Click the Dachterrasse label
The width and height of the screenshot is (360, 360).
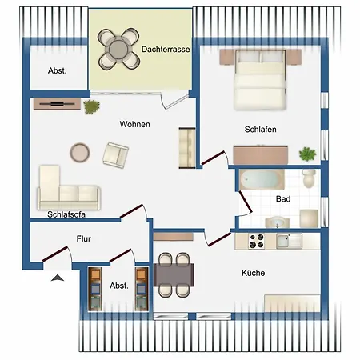point(166,50)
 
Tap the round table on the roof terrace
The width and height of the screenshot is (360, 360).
point(118,49)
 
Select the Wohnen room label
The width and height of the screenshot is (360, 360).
point(134,124)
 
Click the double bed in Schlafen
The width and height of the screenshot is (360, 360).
point(260,79)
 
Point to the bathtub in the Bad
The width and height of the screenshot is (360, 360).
point(262,179)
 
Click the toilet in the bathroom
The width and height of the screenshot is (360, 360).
point(309,178)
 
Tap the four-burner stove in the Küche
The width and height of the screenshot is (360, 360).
point(256,241)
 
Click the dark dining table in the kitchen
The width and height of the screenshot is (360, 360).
point(174,274)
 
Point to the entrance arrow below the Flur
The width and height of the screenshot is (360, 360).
point(58,278)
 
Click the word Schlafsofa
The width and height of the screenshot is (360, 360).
point(66,214)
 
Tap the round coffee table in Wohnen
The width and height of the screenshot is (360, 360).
point(80,153)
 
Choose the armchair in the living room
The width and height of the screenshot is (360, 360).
point(116,155)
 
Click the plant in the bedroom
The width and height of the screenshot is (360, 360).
point(307,154)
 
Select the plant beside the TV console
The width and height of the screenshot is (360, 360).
point(91,107)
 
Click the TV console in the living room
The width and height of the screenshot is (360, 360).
point(57,104)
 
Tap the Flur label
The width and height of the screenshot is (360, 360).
point(83,238)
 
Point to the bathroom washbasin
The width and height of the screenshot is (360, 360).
point(278,222)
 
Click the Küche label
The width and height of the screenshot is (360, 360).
point(253,273)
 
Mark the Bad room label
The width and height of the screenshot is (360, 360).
point(283,199)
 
